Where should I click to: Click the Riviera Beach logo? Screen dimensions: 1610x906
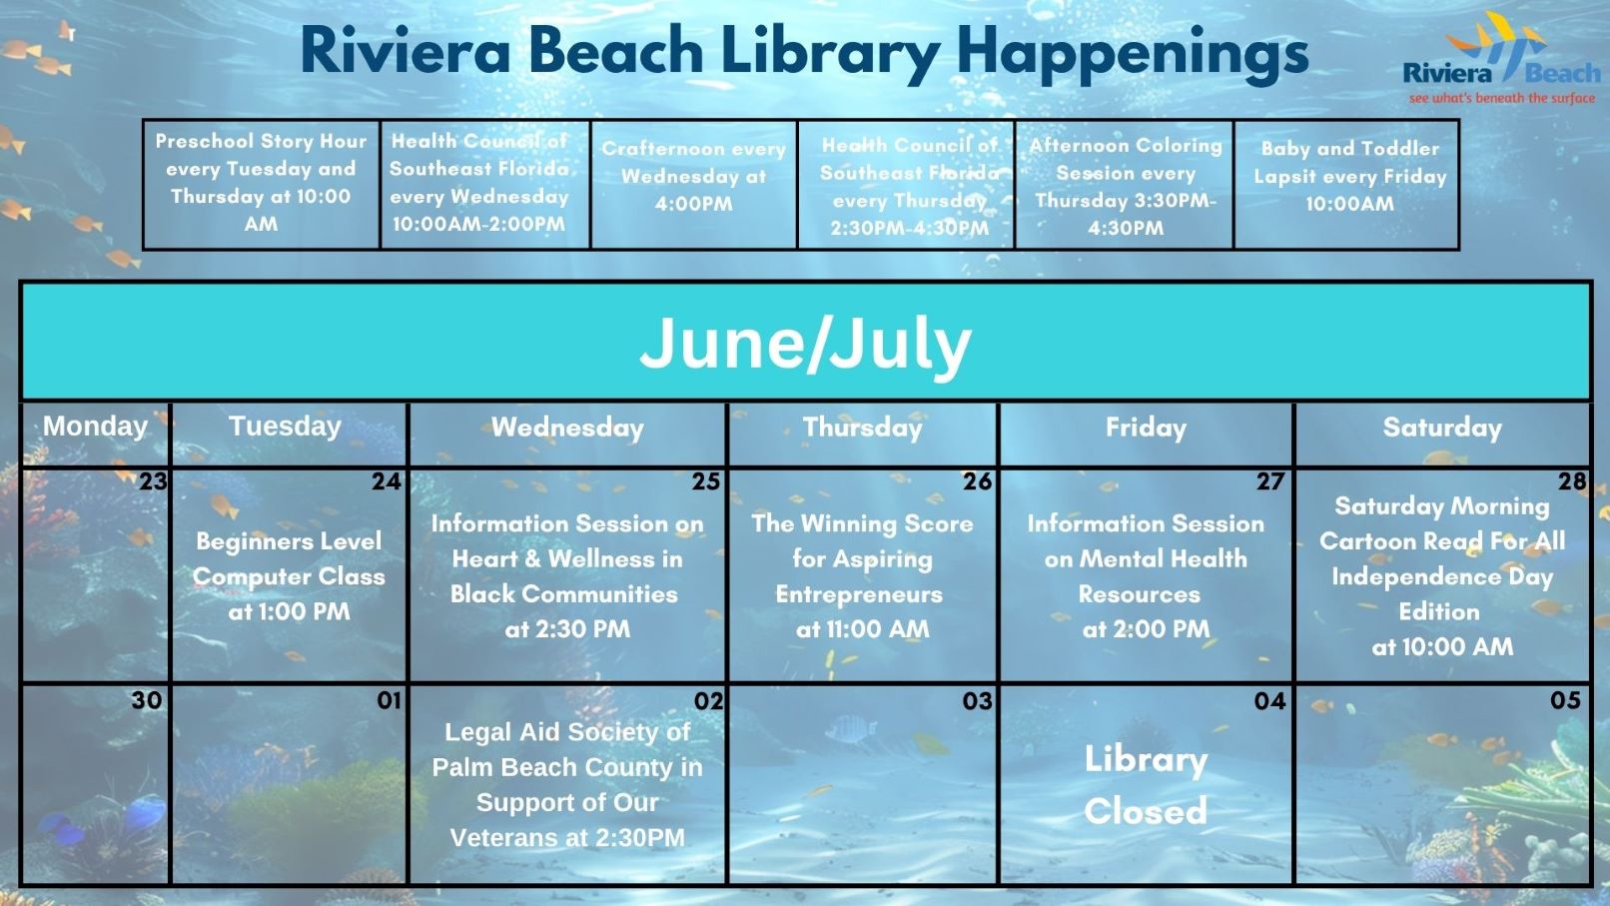(x=1502, y=58)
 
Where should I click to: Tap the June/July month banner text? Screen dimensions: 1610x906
(x=805, y=344)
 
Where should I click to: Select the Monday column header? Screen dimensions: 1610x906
(x=96, y=426)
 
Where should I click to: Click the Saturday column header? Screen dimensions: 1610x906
(x=1442, y=428)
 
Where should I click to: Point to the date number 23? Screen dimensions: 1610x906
(x=153, y=481)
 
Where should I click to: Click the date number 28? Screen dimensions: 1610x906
(x=1572, y=481)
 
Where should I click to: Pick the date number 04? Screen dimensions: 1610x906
(x=1270, y=700)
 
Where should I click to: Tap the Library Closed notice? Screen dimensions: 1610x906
(x=1146, y=785)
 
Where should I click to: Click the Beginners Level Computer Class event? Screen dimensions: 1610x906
(x=289, y=576)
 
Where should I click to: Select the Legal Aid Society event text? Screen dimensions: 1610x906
(x=567, y=784)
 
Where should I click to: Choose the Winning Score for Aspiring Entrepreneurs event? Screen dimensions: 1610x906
(x=863, y=576)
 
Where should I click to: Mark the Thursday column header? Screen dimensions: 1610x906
(x=863, y=428)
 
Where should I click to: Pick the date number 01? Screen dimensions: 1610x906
(x=389, y=700)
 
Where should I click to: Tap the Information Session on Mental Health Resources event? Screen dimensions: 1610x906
(x=1146, y=576)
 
